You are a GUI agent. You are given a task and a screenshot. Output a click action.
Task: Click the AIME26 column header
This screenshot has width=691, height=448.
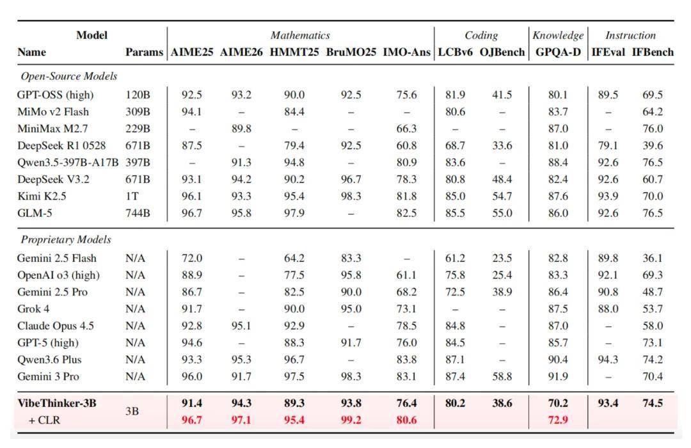pos(241,52)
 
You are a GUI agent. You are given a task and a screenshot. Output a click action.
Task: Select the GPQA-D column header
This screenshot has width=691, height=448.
pos(558,52)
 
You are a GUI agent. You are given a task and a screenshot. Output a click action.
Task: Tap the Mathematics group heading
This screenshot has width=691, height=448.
pos(300,35)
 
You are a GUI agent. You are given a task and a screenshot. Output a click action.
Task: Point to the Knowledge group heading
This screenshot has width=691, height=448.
pos(558,35)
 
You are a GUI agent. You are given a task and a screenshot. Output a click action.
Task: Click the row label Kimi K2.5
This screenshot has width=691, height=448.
pos(42,196)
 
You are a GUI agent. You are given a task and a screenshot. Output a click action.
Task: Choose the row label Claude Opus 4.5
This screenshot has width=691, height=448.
pos(56,326)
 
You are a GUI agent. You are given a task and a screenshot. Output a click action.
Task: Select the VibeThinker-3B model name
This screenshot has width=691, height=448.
pos(57,403)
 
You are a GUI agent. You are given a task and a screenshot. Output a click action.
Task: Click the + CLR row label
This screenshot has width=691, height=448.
pos(44,420)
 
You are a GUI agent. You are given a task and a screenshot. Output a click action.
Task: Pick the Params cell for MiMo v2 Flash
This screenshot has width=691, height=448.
pos(138,111)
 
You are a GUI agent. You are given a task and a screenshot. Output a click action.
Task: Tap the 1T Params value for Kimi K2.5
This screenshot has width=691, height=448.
pos(132,196)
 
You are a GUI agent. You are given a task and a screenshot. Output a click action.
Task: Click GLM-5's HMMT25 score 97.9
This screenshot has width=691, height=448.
pos(294,213)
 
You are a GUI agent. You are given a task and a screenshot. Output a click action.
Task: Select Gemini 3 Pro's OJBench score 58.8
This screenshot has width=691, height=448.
pos(502,376)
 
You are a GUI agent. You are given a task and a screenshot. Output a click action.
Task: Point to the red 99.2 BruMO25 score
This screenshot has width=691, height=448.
pos(351,420)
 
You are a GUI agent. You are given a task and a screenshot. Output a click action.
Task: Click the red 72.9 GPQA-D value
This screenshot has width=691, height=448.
pos(558,420)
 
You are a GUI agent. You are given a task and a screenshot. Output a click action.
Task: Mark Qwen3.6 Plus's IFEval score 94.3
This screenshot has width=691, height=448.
pos(608,360)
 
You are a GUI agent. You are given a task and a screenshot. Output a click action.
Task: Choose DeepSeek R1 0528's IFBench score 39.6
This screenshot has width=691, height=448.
pos(652,145)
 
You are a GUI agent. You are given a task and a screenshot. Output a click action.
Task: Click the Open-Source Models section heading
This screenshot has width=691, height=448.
pos(68,76)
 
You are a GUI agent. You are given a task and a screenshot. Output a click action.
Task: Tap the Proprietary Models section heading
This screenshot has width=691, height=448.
pos(66,239)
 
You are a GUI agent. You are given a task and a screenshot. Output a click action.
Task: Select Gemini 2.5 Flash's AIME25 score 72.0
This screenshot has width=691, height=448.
pos(192,258)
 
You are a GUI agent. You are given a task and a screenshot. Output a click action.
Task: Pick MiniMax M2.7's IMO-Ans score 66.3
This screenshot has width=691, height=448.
pos(406,129)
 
